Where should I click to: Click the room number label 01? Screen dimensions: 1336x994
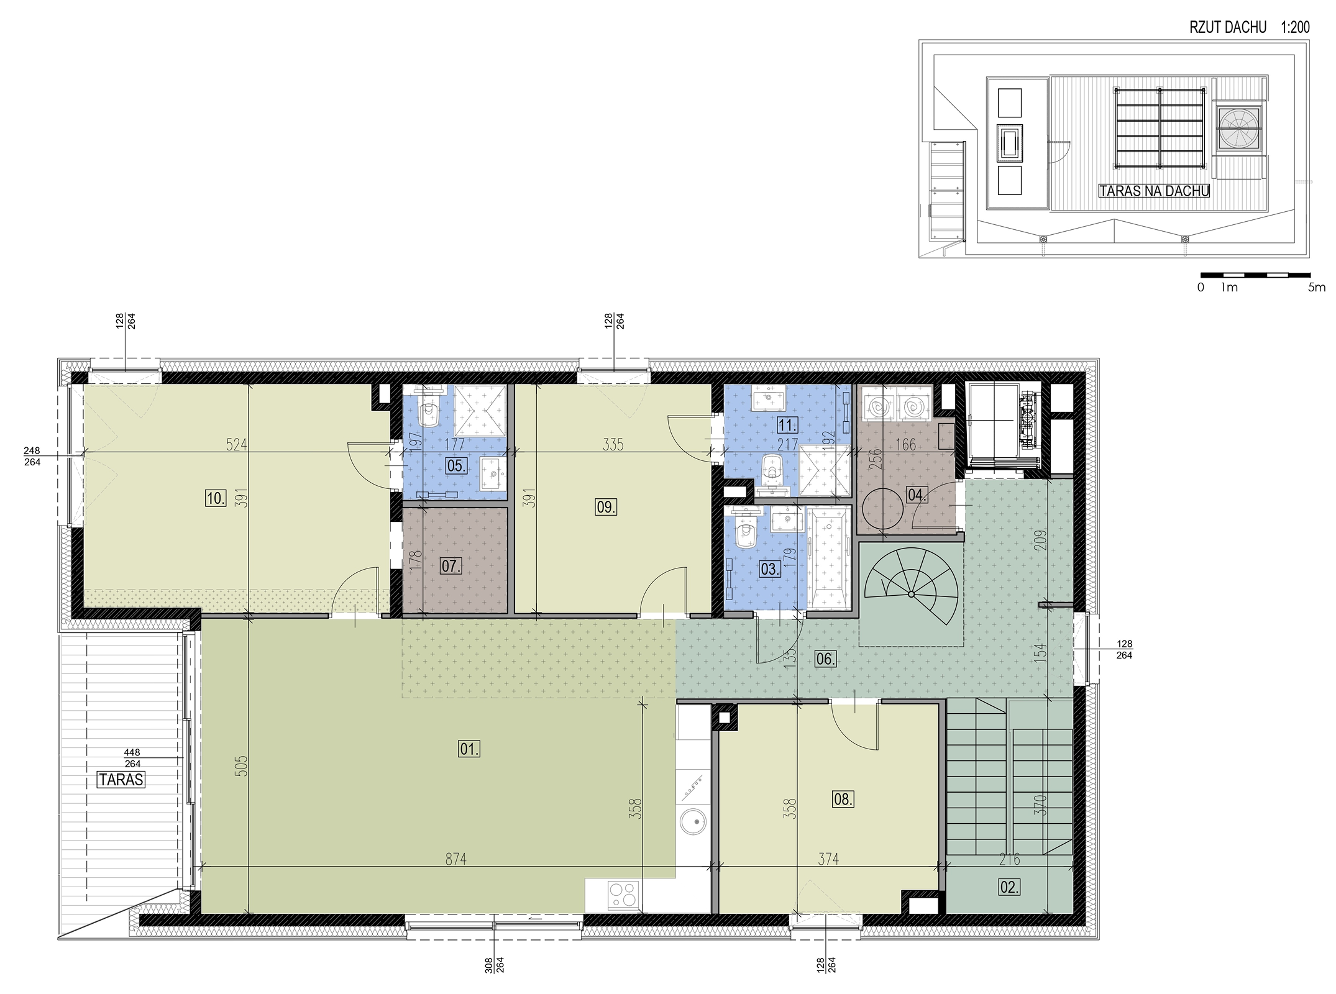point(469,749)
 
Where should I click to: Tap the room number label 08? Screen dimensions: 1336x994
point(843,799)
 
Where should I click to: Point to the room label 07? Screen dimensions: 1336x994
point(451,566)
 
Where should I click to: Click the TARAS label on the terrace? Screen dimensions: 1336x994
point(121,779)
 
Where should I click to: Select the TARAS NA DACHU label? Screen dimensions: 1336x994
point(1155,191)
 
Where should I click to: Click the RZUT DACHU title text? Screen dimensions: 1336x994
point(1225,27)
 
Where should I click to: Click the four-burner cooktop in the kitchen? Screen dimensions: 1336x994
point(623,895)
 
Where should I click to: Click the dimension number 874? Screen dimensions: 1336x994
point(455,859)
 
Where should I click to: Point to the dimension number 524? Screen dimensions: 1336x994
point(237,444)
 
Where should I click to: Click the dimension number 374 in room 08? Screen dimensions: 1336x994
point(828,859)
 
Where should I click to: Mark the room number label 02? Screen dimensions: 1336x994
point(1009,888)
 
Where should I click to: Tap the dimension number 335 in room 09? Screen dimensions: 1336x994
point(613,444)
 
